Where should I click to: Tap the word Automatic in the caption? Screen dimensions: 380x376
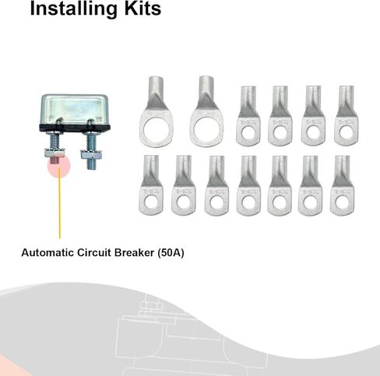47,252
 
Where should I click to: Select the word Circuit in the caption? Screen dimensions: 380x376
94,252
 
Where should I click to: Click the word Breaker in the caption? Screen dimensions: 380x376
135,252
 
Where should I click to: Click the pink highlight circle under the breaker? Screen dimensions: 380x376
58,166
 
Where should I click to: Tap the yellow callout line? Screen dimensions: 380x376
60,203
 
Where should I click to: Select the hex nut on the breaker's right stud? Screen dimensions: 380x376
91,154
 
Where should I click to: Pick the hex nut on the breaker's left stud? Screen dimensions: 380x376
55,153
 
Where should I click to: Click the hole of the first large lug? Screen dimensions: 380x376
156,129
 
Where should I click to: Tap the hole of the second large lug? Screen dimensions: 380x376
206,129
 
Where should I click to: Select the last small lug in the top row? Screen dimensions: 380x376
347,115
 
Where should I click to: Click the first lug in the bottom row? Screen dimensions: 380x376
151,185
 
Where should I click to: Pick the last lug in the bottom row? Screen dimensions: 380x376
343,186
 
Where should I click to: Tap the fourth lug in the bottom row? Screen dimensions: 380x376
248,186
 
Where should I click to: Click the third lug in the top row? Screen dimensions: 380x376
248,116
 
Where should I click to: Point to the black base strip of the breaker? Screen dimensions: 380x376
75,128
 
